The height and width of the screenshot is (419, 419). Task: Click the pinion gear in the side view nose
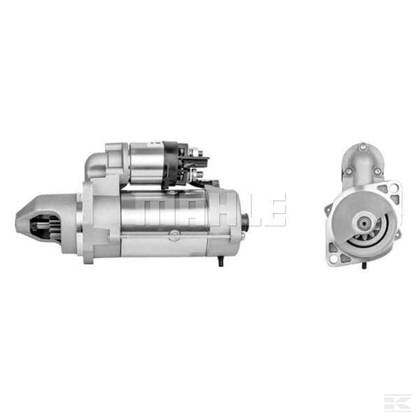pos(46,228)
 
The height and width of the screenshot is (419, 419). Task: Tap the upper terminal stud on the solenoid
pos(197,152)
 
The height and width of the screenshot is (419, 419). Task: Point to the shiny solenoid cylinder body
pos(147,163)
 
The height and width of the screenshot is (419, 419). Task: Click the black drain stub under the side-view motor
pos(221,261)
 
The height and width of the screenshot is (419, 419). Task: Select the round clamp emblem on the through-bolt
pos(174,235)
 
